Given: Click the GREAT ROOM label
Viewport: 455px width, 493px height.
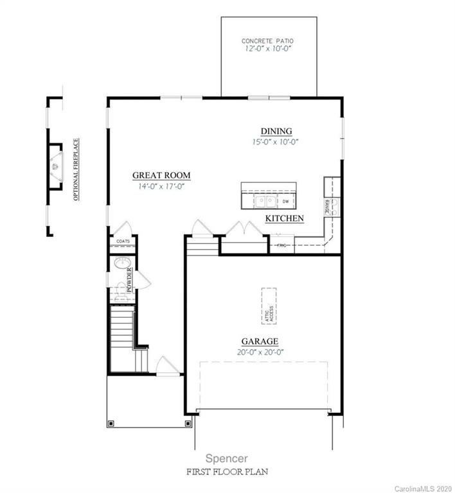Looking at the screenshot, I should tap(161, 175).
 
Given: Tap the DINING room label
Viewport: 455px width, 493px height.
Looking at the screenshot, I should tap(276, 131).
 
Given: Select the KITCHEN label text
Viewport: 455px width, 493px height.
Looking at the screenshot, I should tap(285, 218).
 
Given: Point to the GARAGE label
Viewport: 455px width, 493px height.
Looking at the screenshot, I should tap(260, 342).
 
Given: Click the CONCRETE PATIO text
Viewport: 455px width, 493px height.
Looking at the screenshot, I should tap(268, 40).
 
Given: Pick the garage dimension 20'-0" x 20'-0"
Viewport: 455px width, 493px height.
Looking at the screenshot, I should tap(260, 352).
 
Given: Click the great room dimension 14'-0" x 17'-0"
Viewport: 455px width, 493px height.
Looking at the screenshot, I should tap(161, 186).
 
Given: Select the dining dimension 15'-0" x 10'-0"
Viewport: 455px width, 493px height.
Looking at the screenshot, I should tap(276, 142).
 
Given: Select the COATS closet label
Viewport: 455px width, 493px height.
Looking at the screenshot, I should tap(123, 242).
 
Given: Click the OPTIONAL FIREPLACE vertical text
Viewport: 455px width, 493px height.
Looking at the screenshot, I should tap(76, 169).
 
